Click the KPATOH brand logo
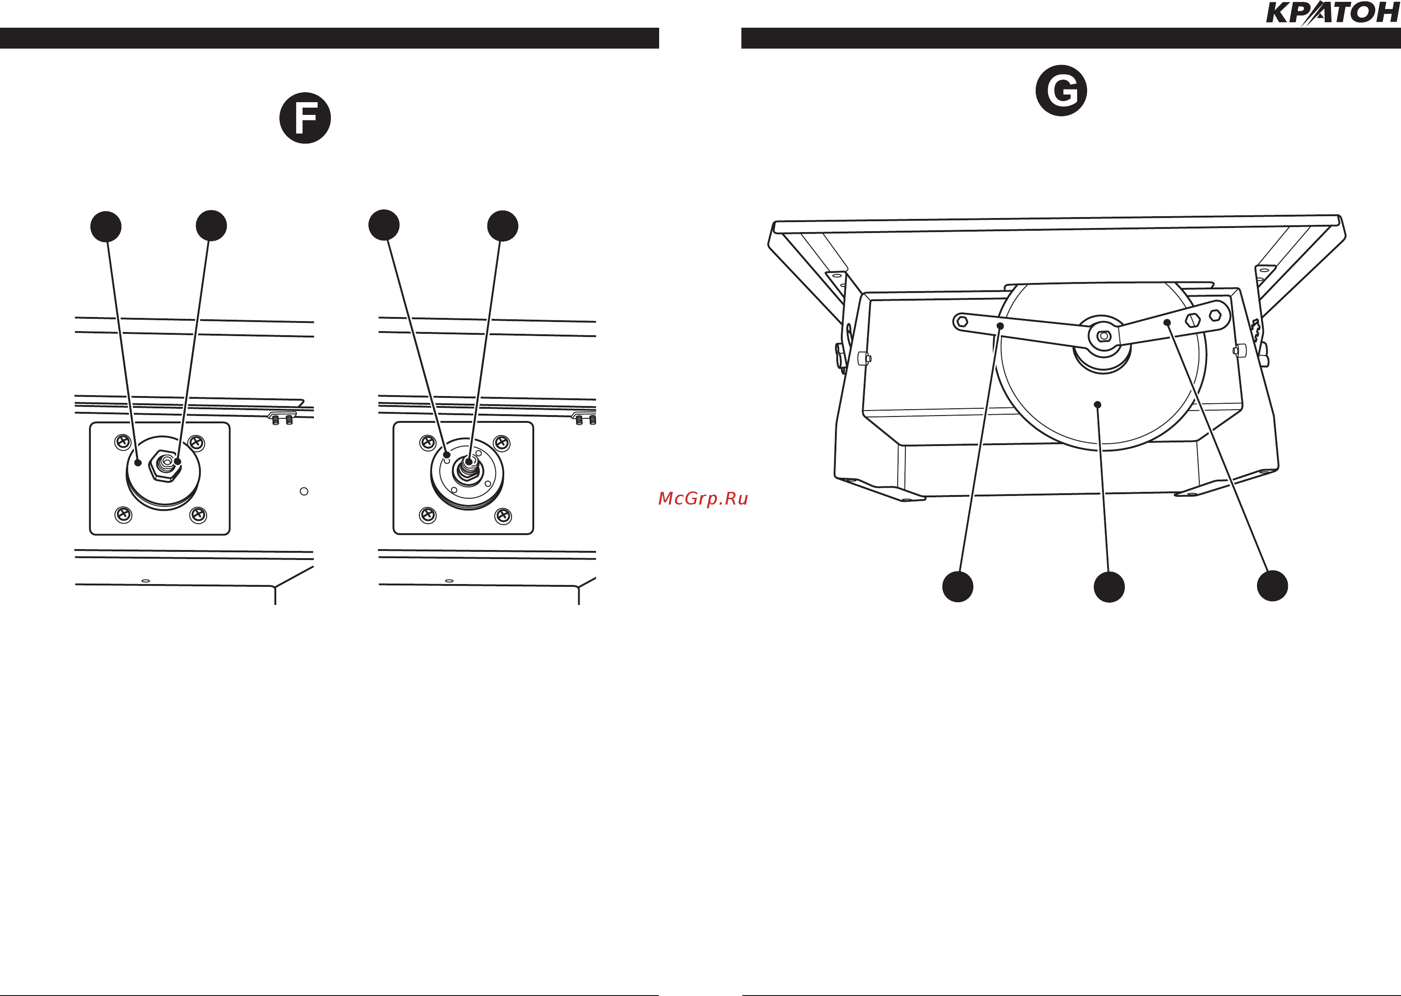click(x=1332, y=14)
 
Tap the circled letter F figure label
click(x=305, y=118)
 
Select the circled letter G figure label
click(x=1061, y=90)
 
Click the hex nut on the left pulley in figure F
click(x=165, y=466)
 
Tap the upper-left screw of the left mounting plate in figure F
click(x=123, y=441)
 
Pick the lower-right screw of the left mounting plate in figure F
click(x=198, y=515)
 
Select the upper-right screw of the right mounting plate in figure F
click(x=502, y=442)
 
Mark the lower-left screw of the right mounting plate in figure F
click(x=427, y=515)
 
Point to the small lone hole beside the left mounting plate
click(x=303, y=491)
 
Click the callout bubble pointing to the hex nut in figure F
click(x=211, y=226)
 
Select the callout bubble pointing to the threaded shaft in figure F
click(x=502, y=226)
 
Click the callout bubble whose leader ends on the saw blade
click(x=1109, y=587)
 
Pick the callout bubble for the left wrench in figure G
click(x=958, y=586)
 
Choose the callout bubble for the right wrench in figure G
click(x=1272, y=586)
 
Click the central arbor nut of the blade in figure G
click(x=1103, y=336)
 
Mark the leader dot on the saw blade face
click(x=1098, y=405)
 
